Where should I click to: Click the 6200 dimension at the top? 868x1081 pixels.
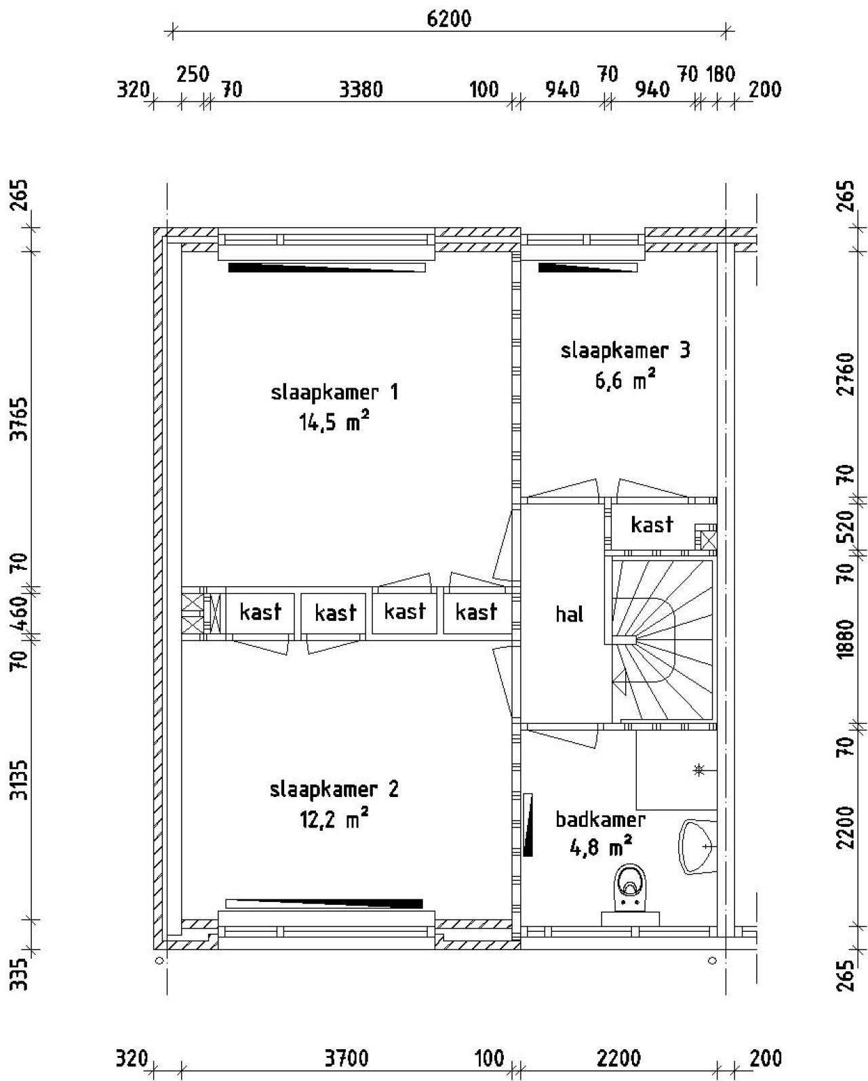tap(448, 18)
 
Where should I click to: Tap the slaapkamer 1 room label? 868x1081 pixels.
tap(334, 392)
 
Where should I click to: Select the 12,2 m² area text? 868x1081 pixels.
tap(334, 820)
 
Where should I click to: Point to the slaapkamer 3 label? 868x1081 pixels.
tap(625, 350)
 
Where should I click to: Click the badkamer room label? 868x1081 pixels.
tap(600, 819)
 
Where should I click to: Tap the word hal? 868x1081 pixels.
tap(569, 614)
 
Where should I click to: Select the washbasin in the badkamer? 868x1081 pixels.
tap(697, 847)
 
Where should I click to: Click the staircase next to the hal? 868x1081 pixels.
tap(663, 640)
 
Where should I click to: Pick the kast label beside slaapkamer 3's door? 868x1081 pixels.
tap(652, 524)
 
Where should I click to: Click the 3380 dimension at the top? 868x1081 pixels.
tap(361, 89)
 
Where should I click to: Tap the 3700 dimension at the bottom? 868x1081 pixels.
tap(346, 1058)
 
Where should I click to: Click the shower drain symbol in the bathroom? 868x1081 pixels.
tap(698, 770)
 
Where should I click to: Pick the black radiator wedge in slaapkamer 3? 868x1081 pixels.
tap(587, 268)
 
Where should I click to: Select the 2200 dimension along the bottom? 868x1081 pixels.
tap(618, 1058)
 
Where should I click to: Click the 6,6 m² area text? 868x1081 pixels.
tap(625, 380)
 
